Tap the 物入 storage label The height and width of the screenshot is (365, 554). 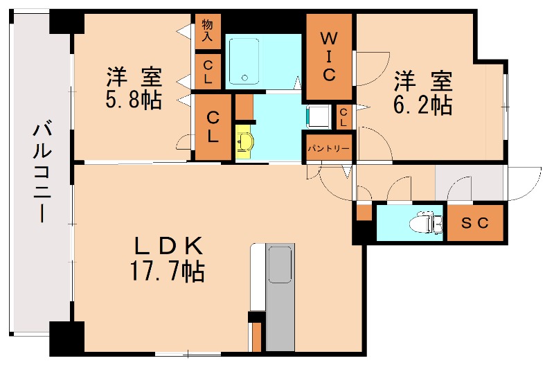pos(207,31)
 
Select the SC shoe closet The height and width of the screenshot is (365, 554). pos(476,223)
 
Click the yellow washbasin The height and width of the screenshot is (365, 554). pos(245,143)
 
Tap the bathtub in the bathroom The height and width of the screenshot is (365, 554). pos(243,61)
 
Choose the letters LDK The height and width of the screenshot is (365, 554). pos(167,246)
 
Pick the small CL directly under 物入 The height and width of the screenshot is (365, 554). pos(208,72)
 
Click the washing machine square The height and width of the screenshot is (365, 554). pos(317,116)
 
